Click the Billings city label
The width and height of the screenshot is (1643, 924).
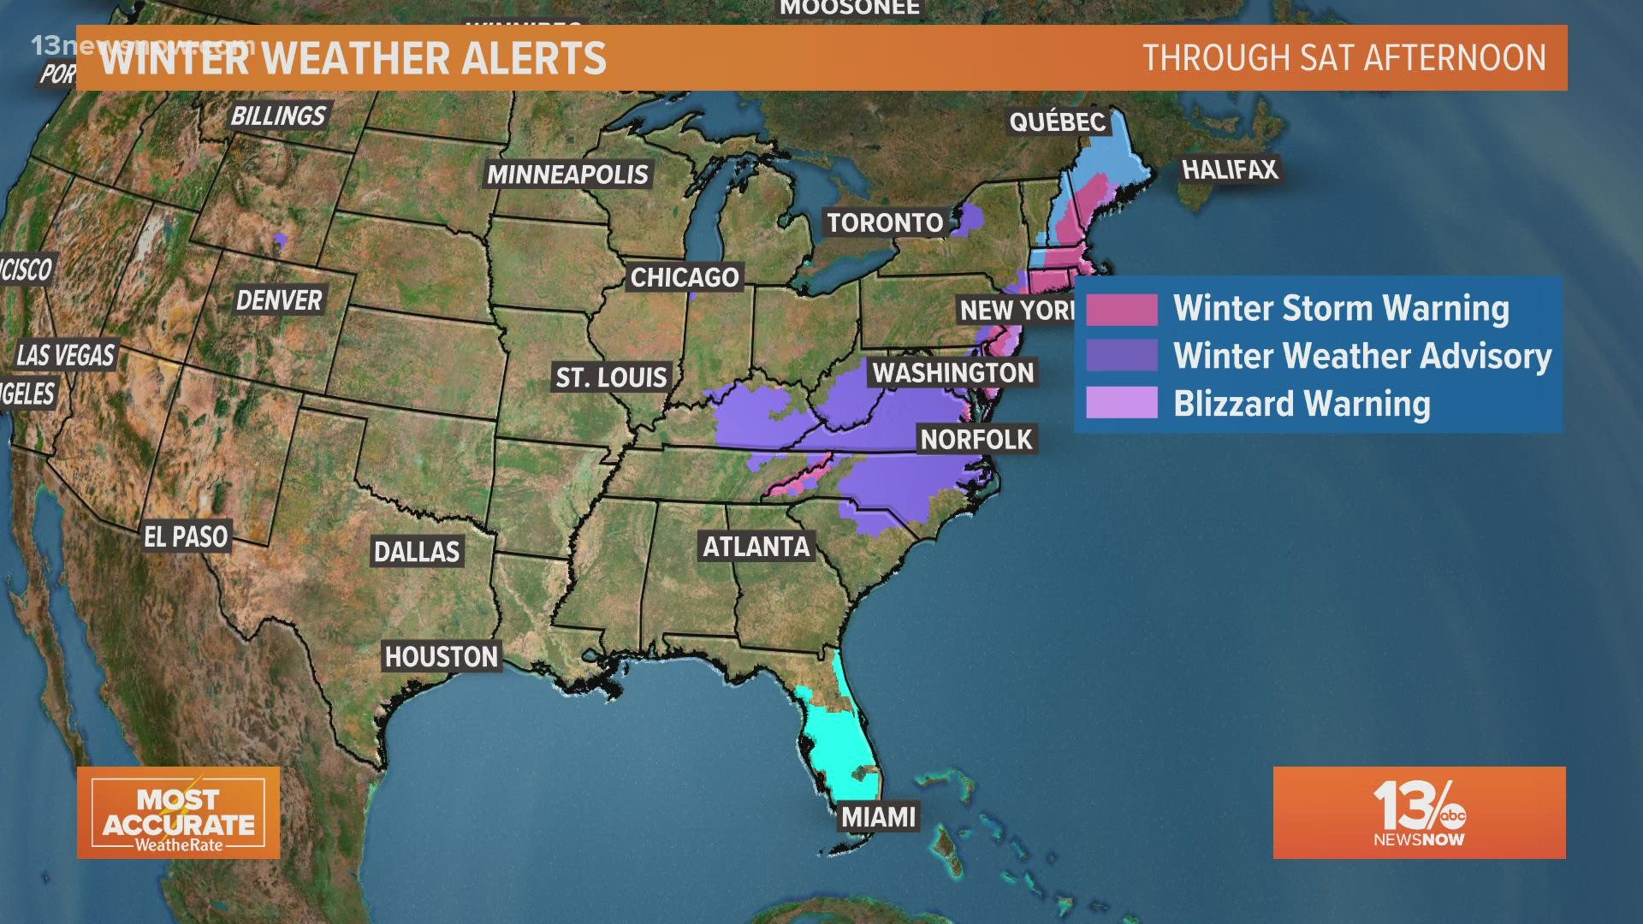click(278, 115)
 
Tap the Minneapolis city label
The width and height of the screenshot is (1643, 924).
click(568, 175)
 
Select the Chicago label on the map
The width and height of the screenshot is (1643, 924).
click(685, 277)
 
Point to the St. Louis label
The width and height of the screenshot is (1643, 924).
click(611, 377)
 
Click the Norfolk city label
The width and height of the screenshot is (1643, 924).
click(976, 440)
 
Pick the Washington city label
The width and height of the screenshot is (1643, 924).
click(953, 373)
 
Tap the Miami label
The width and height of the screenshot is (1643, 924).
click(879, 817)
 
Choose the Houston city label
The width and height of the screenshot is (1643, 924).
click(442, 657)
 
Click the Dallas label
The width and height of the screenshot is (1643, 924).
click(417, 552)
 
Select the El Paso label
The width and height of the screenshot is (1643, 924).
click(186, 537)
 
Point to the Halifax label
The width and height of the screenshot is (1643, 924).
click(1230, 169)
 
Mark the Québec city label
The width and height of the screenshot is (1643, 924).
click(1058, 122)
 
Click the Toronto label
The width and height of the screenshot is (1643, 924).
click(885, 223)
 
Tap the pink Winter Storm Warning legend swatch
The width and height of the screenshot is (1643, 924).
click(1122, 310)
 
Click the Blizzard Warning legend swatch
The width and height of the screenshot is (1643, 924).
click(1122, 403)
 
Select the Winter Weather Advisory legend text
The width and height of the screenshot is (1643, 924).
click(1362, 356)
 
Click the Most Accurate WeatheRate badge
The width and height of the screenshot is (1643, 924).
click(179, 813)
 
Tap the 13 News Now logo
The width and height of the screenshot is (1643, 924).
click(1419, 813)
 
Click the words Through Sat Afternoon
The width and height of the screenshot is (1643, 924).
click(1344, 58)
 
